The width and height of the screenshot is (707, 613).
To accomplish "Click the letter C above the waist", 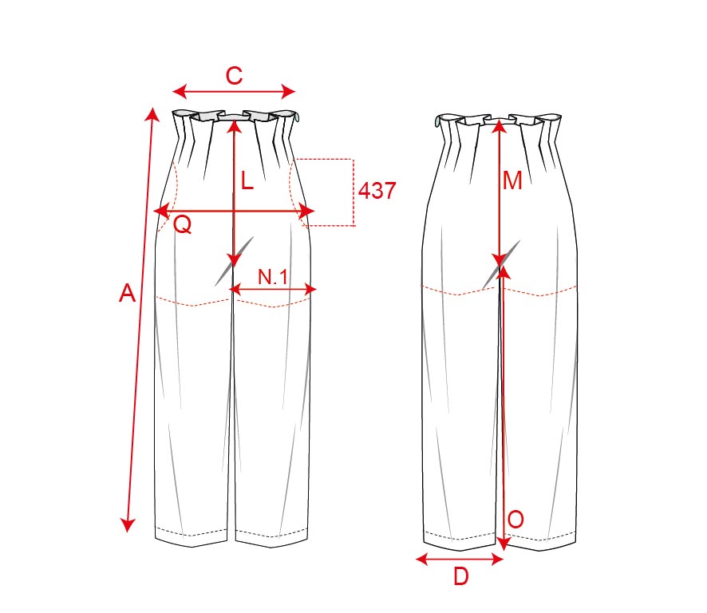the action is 234,76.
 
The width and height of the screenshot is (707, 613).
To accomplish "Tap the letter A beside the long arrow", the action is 127,293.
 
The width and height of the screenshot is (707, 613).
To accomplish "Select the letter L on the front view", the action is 247,181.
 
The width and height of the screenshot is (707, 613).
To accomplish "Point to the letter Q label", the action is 182,224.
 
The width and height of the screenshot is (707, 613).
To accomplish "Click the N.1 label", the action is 272,276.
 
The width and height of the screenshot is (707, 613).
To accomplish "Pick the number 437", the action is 377,190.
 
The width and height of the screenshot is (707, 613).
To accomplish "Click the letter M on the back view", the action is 512,181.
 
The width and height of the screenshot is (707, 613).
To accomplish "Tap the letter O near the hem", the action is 515,520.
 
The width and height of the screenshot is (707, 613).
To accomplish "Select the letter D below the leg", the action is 460,576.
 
